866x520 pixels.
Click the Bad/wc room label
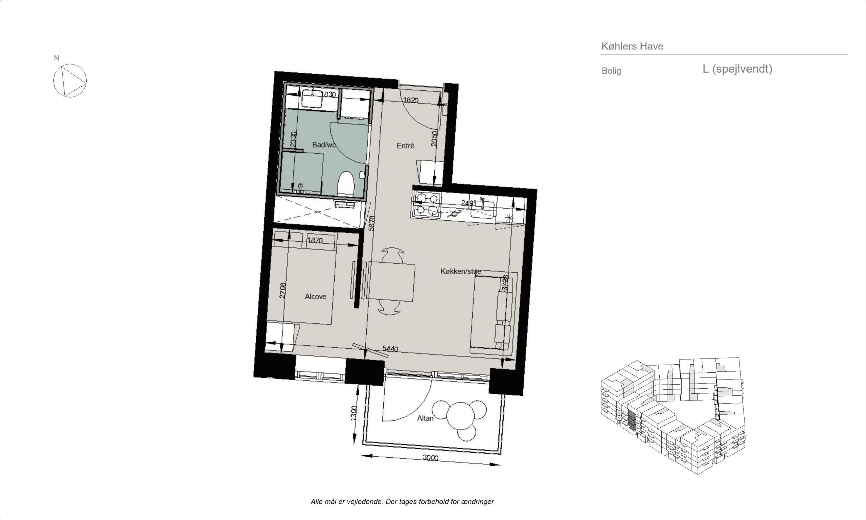[x=324, y=145]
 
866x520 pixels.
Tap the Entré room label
[x=405, y=146]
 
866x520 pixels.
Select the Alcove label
[x=315, y=297]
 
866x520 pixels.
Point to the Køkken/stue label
[x=461, y=271]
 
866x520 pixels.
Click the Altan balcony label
[x=425, y=418]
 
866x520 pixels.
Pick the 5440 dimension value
[x=390, y=349]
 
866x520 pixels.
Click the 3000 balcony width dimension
[x=430, y=458]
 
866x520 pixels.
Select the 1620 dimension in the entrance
[x=411, y=100]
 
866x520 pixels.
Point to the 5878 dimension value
[x=372, y=223]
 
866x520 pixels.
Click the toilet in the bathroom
[x=346, y=183]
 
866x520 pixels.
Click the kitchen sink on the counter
[x=482, y=209]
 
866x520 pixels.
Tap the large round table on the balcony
[x=460, y=416]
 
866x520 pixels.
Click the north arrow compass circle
[x=70, y=81]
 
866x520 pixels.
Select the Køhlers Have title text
[x=632, y=46]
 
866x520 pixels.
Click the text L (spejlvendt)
[x=737, y=69]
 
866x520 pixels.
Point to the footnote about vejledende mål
[x=402, y=501]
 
